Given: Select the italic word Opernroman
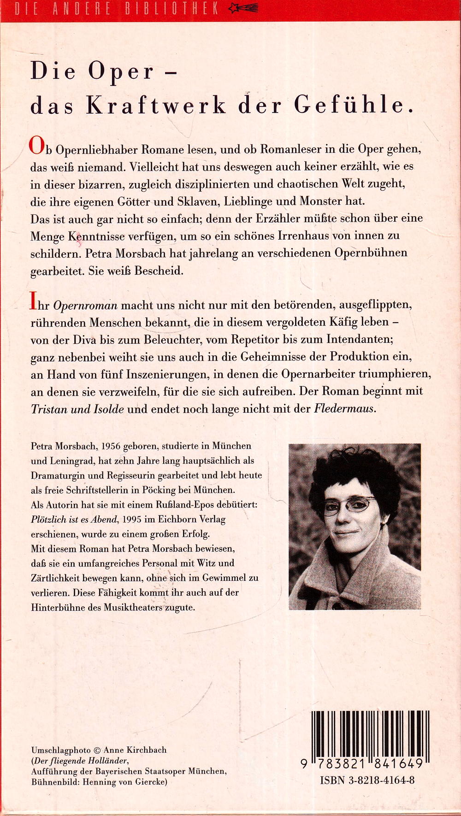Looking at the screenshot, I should (x=85, y=305).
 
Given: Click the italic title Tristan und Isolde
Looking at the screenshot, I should (x=77, y=409).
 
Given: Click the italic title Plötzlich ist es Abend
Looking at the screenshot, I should (x=75, y=520).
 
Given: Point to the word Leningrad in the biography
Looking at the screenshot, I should (x=70, y=461).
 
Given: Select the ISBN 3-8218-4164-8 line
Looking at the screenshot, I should (x=367, y=780).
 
